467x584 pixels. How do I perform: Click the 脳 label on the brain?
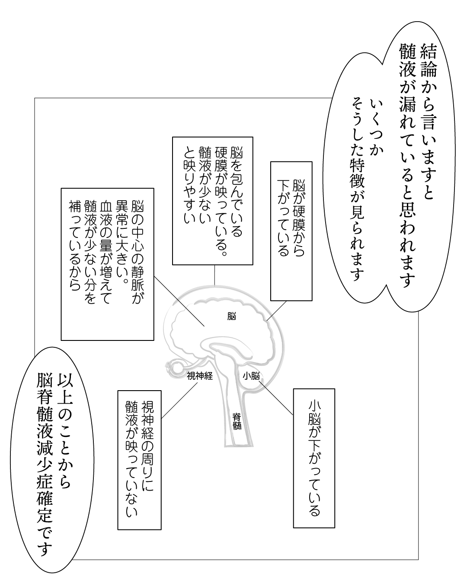tap(231, 316)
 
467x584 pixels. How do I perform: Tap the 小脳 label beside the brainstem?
tap(251, 376)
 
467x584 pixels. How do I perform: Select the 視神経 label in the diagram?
tap(200, 376)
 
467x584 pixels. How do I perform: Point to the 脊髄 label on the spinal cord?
tap(237, 421)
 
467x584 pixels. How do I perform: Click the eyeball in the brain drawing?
tap(177, 367)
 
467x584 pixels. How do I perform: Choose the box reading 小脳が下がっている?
tap(314, 458)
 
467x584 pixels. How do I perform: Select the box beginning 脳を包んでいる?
tap(212, 201)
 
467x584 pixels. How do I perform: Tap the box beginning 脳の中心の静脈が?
tap(107, 263)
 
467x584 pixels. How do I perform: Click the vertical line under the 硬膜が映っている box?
tap(214, 275)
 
